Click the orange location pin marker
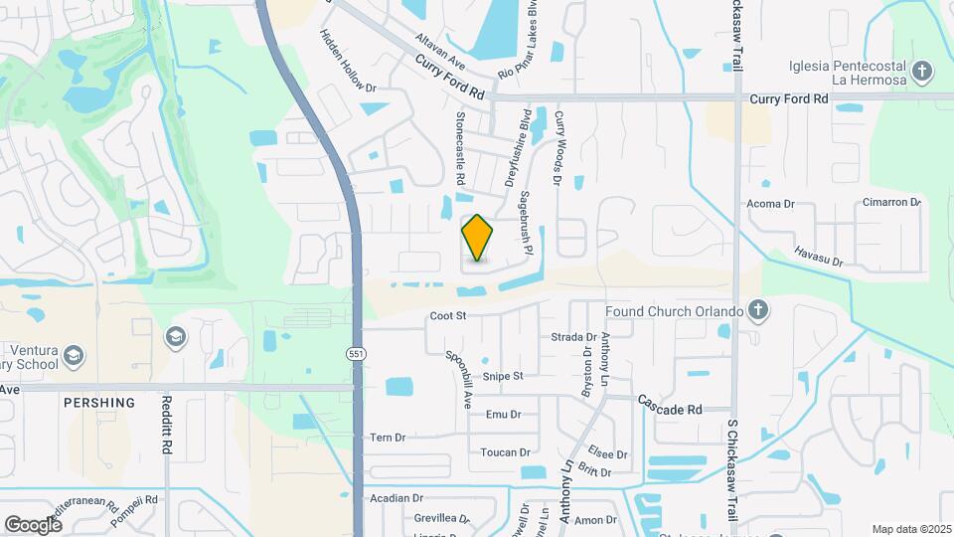[x=478, y=238]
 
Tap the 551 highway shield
[x=356, y=354]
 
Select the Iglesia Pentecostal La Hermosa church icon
[x=923, y=72]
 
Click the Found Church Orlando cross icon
[x=757, y=311]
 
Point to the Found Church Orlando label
[x=675, y=311]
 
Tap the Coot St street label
[x=448, y=316]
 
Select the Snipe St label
[x=503, y=376]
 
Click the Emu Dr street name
[x=503, y=414]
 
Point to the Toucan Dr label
[x=505, y=452]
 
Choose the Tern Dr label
[x=388, y=438]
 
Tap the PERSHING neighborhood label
[x=98, y=403]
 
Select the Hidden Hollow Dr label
[x=349, y=61]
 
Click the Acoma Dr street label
[x=771, y=204]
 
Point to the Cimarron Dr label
[x=891, y=202]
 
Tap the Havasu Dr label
[x=818, y=256]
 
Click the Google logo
[x=33, y=524]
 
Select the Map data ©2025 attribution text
[x=910, y=529]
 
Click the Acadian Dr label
[x=397, y=498]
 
